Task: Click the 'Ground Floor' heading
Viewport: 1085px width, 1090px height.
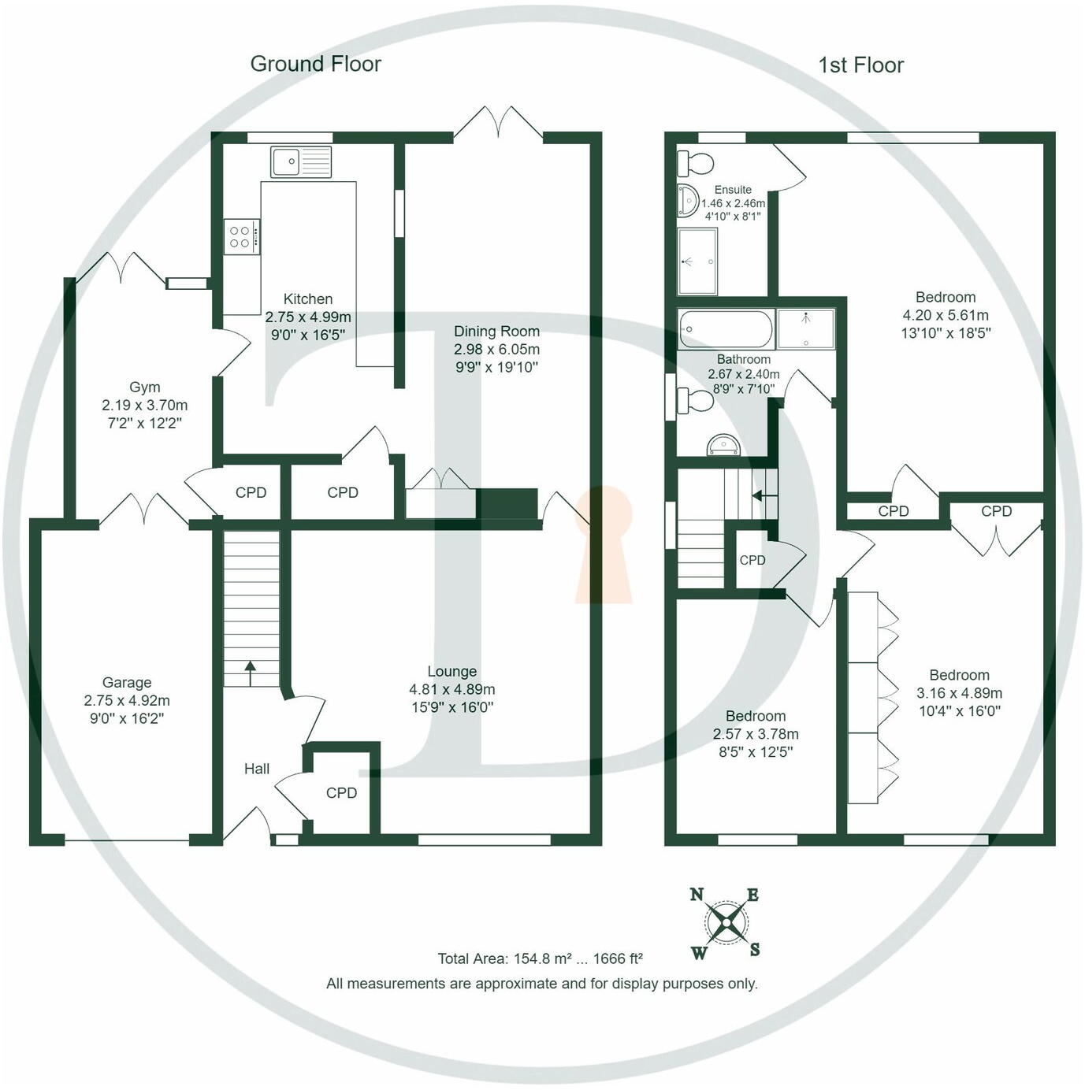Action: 315,64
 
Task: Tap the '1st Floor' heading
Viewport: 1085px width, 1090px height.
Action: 861,65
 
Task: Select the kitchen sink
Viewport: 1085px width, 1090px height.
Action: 300,161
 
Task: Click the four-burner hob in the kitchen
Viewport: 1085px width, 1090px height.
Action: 242,236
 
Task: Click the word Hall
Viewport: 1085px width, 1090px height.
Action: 256,769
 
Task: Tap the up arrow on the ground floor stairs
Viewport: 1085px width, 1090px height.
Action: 250,673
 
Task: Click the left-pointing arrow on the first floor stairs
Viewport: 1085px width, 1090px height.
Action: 764,496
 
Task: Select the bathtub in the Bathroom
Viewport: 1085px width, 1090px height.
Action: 726,329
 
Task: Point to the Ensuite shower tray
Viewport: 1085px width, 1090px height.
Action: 698,261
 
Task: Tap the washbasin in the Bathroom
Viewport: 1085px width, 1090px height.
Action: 723,445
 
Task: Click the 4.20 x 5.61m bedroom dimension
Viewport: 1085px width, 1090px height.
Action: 946,315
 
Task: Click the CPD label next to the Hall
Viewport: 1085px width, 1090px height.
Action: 341,792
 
